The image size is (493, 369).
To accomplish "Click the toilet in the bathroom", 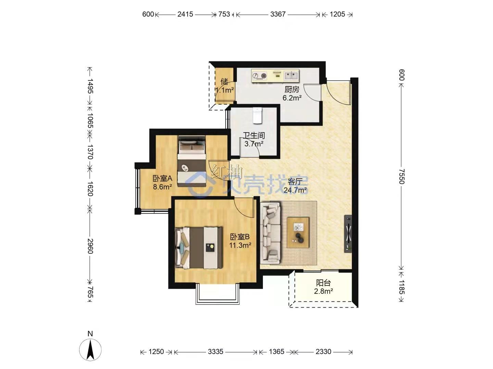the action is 257,116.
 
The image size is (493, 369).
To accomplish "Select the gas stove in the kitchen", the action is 260,76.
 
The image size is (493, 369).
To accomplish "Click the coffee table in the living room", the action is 298,233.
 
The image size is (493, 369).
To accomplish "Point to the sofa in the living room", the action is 270,233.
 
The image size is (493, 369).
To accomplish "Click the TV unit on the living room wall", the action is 349,233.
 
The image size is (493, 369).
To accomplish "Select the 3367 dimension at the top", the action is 278,14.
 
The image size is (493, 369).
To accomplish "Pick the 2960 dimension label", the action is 90,246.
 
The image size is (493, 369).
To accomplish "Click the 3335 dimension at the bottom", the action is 215,352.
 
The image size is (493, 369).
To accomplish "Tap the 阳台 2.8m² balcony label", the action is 323,287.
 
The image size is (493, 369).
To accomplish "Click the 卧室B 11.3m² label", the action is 240,241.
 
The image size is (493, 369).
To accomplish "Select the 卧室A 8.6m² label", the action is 162,182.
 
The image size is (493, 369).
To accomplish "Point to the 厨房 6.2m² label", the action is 292,93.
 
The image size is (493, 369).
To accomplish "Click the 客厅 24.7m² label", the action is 295,186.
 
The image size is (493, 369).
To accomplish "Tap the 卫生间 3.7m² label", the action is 254,139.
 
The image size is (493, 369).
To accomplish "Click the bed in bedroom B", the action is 199,248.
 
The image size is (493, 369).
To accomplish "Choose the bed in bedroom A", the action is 192,161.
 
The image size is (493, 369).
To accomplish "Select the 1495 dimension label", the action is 90,85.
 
